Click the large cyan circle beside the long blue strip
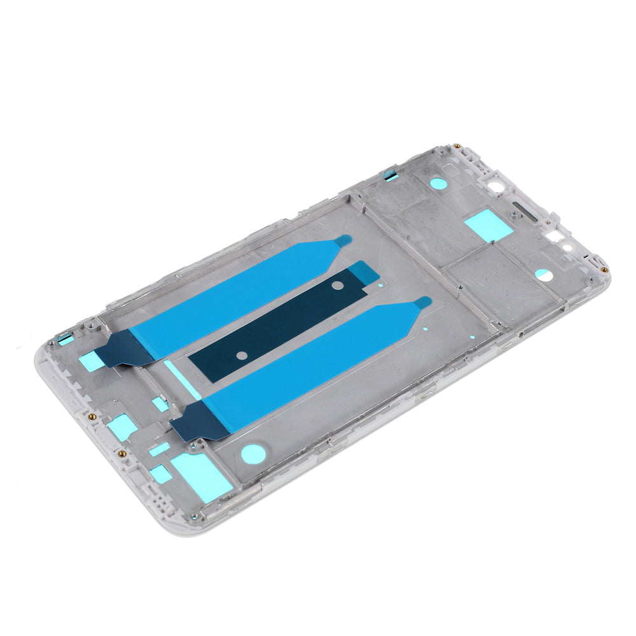click(x=252, y=453)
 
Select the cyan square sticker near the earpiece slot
click(x=488, y=225)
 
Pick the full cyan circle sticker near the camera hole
click(x=438, y=183)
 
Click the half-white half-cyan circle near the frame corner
click(x=543, y=274)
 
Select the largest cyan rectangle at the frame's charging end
click(x=201, y=476)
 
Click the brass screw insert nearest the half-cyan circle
click(x=604, y=270)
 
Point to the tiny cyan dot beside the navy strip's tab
click(x=380, y=285)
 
